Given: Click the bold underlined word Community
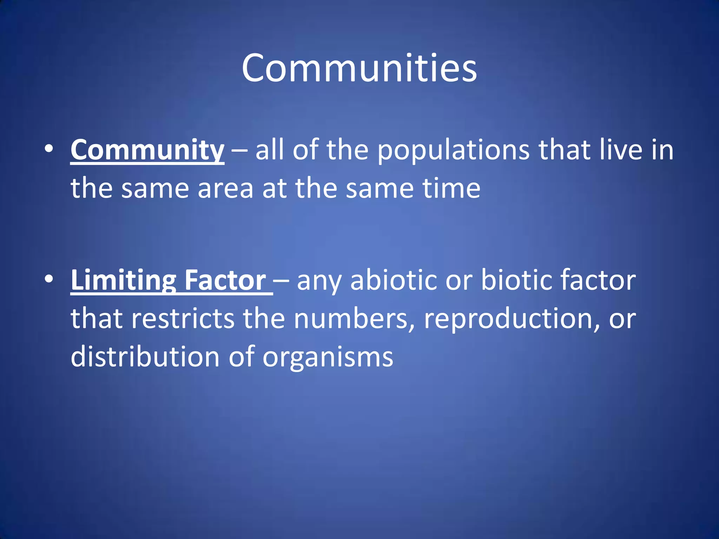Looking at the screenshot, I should click(x=147, y=150).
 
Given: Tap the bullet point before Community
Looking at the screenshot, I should click(x=49, y=149).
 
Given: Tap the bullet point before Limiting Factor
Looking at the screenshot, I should click(x=49, y=279).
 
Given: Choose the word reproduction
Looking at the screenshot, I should click(x=508, y=319).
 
